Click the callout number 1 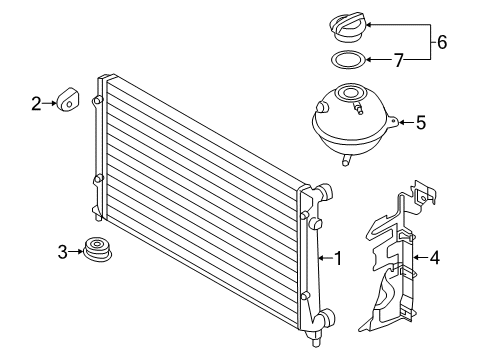[338, 258]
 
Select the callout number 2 [36, 103]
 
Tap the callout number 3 [62, 252]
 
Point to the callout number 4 [435, 258]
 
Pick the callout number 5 [421, 123]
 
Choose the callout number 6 [442, 42]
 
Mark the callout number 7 [399, 60]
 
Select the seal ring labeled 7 [348, 60]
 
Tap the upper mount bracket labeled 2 [68, 99]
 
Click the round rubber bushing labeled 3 [97, 249]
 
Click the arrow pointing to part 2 [50, 103]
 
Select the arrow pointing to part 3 [76, 252]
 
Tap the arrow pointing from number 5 [406, 123]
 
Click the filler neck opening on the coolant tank [349, 93]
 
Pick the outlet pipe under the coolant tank [346, 160]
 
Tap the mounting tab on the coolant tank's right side [393, 121]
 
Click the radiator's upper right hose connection [324, 192]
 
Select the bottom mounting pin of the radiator [316, 341]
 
